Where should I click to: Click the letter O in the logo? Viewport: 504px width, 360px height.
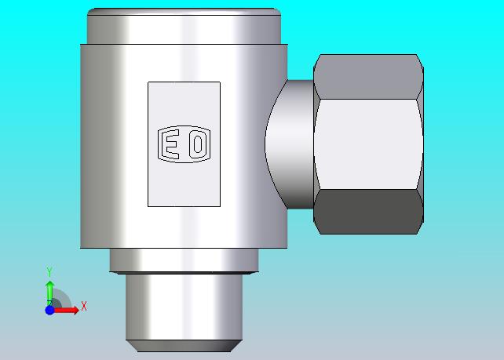tap(198, 144)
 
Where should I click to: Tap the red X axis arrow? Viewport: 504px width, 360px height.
tap(67, 311)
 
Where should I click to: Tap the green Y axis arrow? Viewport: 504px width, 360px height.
tap(49, 293)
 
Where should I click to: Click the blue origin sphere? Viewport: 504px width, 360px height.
tap(49, 311)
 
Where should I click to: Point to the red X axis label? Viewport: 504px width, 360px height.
tap(84, 306)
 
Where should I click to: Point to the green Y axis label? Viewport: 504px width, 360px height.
tap(49, 271)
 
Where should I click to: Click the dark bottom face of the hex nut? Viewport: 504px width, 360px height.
tap(368, 212)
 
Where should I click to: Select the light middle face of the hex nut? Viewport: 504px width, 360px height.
tap(368, 144)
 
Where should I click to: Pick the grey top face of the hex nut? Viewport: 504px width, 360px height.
tap(368, 77)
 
